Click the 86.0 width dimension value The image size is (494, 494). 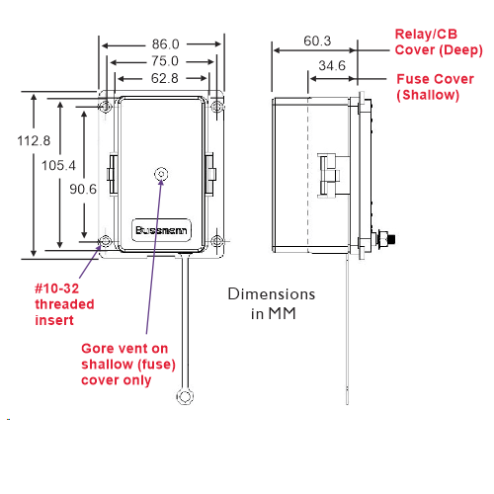[x=165, y=44]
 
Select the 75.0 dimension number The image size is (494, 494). [x=165, y=61]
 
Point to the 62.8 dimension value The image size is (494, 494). [x=164, y=78]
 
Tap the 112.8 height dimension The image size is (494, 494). [x=34, y=141]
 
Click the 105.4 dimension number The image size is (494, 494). [x=58, y=165]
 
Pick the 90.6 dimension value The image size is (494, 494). [x=83, y=190]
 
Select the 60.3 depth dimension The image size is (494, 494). [x=317, y=41]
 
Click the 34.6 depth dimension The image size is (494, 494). [x=332, y=65]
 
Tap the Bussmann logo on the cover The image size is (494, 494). [x=161, y=230]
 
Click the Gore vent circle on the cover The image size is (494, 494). [x=161, y=174]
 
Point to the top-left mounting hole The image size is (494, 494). [x=106, y=107]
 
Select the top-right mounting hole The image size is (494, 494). [x=216, y=107]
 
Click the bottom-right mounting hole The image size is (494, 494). [x=216, y=241]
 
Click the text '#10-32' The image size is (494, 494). [x=57, y=288]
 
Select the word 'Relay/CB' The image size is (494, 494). [x=426, y=35]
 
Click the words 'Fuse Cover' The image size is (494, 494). [x=435, y=79]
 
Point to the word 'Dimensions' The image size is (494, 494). [x=272, y=294]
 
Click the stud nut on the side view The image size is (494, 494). [x=382, y=239]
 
